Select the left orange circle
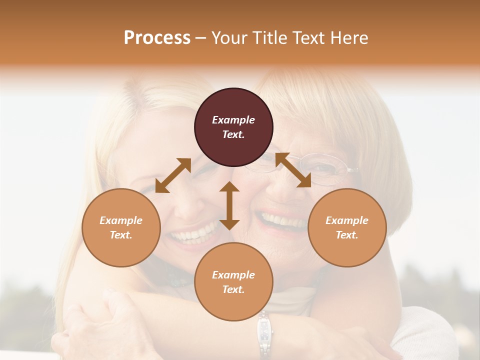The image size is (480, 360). pos(121,227)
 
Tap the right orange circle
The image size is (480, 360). pos(347,227)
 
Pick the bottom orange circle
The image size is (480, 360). pos(233,282)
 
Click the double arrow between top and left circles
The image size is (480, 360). pos(173,175)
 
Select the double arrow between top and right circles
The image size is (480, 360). pos(293,170)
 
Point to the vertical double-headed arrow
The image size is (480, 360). pos(229,205)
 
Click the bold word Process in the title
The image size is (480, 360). pos(157,37)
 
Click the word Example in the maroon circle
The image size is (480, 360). pos(233,120)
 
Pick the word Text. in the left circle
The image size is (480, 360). pos(121,235)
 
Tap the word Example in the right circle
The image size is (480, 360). pos(347,220)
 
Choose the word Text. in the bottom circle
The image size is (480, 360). pos(233,289)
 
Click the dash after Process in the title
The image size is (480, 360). pos(201,37)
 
